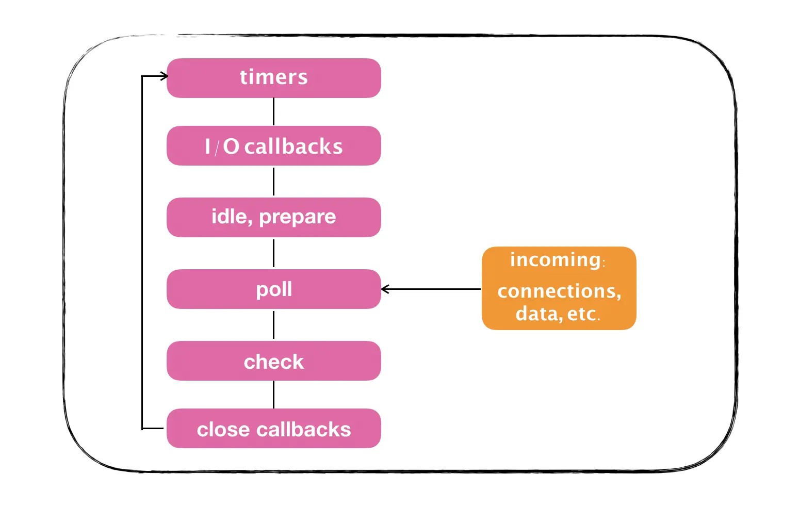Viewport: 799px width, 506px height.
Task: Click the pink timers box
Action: (273, 78)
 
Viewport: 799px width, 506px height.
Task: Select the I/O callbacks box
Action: (273, 145)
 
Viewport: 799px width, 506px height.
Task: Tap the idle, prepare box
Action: (273, 217)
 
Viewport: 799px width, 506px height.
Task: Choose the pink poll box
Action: (273, 289)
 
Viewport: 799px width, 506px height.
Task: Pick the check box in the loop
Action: (273, 361)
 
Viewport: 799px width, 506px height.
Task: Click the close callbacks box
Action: (273, 428)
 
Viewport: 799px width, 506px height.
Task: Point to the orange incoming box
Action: (559, 288)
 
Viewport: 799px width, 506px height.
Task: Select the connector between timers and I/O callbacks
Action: (273, 111)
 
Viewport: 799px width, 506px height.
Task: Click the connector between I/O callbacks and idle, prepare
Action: (273, 182)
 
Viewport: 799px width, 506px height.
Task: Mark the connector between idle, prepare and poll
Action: (273, 253)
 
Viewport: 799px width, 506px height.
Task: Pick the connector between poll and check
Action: (273, 325)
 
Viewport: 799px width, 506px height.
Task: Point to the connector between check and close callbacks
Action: (273, 395)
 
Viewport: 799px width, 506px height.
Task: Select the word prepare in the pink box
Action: (297, 217)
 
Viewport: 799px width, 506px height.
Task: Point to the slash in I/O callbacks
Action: (217, 148)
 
